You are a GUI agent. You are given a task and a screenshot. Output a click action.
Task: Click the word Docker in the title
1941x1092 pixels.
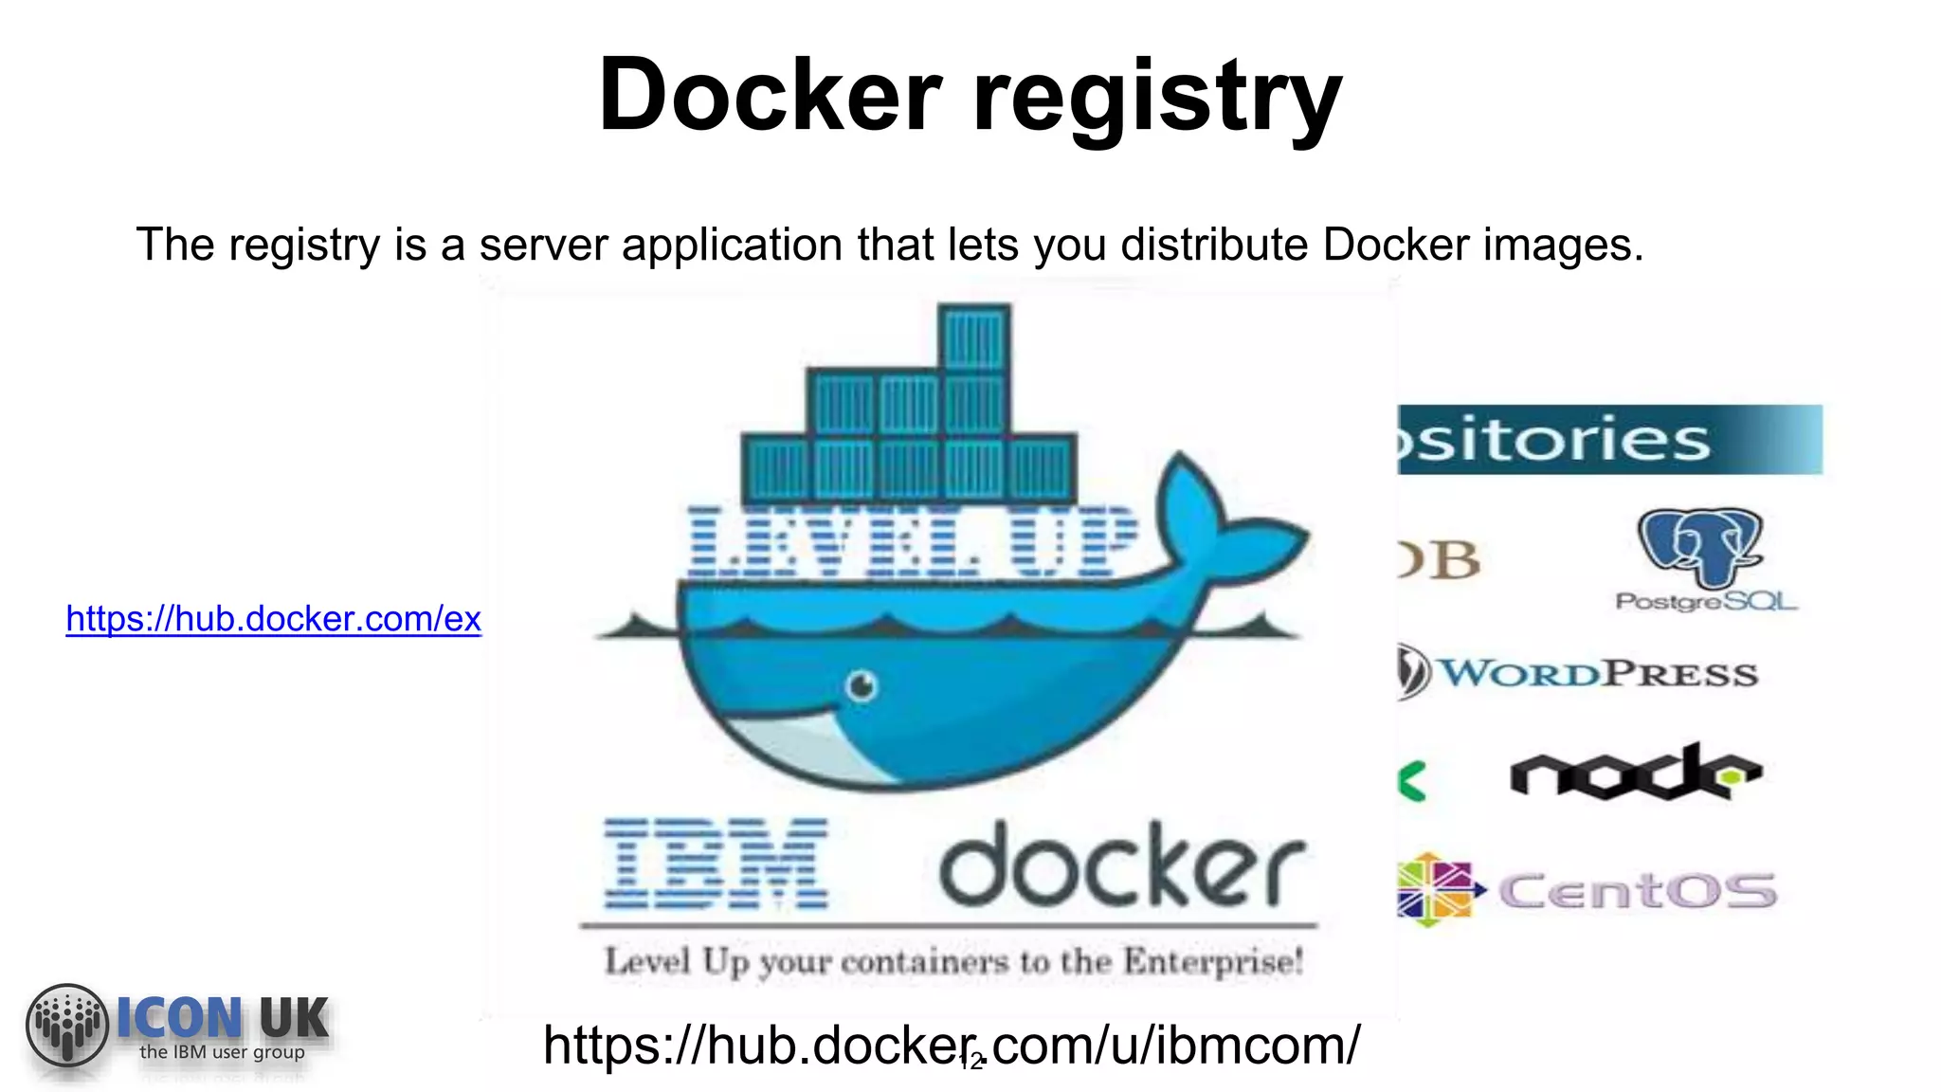coord(770,95)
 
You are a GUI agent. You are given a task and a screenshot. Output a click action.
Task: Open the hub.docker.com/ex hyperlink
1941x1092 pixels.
coord(273,619)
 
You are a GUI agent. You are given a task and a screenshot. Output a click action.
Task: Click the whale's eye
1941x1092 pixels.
coord(862,684)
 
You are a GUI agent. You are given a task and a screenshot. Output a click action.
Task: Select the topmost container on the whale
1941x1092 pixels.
coord(974,337)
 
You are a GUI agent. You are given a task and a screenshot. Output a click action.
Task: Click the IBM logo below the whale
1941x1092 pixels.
coord(717,864)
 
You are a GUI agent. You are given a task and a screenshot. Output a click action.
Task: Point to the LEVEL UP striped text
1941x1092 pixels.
coord(912,542)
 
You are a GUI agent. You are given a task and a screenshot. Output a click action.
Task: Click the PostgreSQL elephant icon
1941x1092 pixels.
coord(1700,546)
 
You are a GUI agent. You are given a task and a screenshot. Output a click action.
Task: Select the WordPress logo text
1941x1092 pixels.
coord(1598,674)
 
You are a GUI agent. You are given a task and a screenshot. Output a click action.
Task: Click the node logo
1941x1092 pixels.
coord(1634,772)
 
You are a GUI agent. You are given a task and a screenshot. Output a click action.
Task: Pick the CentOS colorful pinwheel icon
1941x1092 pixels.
coord(1435,889)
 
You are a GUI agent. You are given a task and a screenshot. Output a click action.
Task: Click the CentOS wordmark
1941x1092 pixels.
coord(1638,891)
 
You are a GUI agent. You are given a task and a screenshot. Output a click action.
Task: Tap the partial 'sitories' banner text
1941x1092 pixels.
coord(1554,441)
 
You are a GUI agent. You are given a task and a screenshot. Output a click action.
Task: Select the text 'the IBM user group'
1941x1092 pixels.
coord(222,1052)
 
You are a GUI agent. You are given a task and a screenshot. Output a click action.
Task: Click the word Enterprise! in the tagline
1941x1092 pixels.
coord(1213,962)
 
